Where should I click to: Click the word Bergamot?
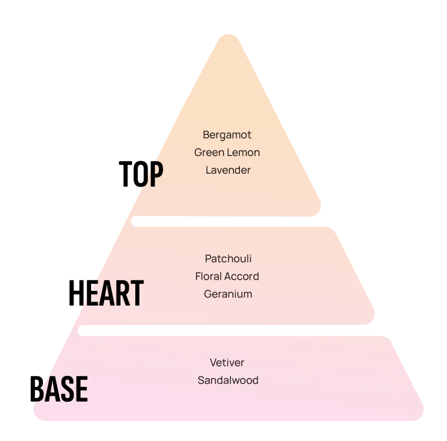coord(227,135)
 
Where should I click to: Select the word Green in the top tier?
coord(209,152)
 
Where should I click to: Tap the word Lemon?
coord(243,152)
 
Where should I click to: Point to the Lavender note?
coord(228,170)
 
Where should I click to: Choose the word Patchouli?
coord(228,258)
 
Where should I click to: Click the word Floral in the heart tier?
coord(209,276)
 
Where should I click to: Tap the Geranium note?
coord(228,294)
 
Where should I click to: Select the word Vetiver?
coord(227,363)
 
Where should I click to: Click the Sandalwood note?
coord(228,380)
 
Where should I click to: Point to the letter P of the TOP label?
coord(155,174)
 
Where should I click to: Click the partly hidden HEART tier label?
coord(121,294)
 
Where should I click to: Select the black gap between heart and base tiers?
coord(229,330)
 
